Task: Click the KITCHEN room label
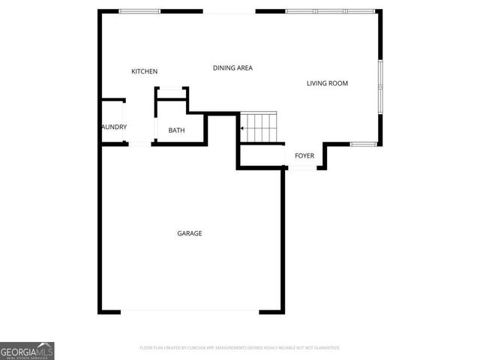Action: pyautogui.click(x=144, y=71)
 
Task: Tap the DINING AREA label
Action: pyautogui.click(x=232, y=67)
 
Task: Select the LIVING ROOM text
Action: pyautogui.click(x=327, y=83)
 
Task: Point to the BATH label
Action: pyautogui.click(x=176, y=130)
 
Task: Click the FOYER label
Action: pyautogui.click(x=304, y=156)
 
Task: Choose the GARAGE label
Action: pyautogui.click(x=189, y=233)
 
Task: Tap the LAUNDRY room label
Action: pyautogui.click(x=114, y=127)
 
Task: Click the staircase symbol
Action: pyautogui.click(x=259, y=127)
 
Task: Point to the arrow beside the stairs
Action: pyautogui.click(x=241, y=128)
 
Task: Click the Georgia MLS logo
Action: pyautogui.click(x=27, y=350)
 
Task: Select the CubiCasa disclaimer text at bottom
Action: pyautogui.click(x=240, y=348)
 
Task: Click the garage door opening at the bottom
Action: pyautogui.click(x=189, y=311)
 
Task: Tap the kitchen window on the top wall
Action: pyautogui.click(x=139, y=11)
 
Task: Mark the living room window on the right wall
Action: pyautogui.click(x=380, y=88)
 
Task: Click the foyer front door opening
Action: pyautogui.click(x=302, y=168)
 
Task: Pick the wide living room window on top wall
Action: pyautogui.click(x=330, y=11)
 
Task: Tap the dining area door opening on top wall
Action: pyautogui.click(x=229, y=11)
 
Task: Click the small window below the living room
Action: pyautogui.click(x=363, y=143)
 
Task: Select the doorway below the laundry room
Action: pyautogui.click(x=139, y=143)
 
